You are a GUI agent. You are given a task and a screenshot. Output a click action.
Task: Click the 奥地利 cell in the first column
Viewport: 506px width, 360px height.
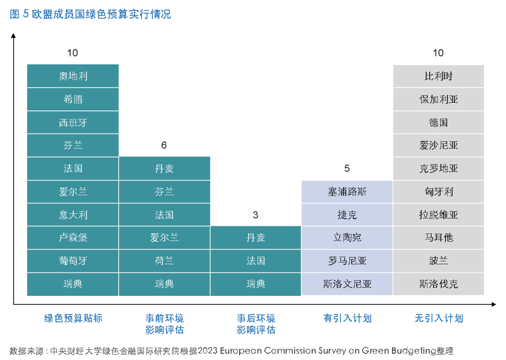click(x=73, y=76)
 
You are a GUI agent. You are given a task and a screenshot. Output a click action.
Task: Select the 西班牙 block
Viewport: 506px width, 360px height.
click(x=73, y=122)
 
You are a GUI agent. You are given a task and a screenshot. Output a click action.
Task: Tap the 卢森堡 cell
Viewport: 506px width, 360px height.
click(x=73, y=238)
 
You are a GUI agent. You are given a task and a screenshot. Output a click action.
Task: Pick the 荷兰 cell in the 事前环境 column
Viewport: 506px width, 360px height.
click(x=165, y=261)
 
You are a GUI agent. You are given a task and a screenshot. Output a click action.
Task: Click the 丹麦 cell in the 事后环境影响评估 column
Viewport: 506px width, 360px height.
click(x=256, y=238)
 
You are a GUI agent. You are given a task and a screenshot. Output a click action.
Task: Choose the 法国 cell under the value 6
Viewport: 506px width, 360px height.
click(x=165, y=214)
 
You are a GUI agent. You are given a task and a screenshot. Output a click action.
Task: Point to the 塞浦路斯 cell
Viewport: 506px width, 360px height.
click(x=347, y=192)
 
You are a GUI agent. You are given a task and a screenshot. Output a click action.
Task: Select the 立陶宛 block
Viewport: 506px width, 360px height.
click(x=347, y=238)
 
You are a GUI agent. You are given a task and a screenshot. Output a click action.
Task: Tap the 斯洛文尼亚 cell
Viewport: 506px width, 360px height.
click(x=347, y=284)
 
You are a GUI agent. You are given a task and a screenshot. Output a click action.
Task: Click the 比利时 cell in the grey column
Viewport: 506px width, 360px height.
click(x=438, y=76)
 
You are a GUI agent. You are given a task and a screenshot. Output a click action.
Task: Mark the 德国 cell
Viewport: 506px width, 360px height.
click(x=438, y=122)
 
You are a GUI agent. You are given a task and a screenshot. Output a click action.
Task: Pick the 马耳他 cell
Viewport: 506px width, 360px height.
click(x=438, y=238)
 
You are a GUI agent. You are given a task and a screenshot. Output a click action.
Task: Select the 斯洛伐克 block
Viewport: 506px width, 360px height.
click(x=438, y=284)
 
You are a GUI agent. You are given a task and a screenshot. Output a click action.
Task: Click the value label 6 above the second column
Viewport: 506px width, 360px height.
click(x=164, y=145)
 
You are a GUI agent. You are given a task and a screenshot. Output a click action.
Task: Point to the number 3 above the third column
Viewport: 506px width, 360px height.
click(x=255, y=215)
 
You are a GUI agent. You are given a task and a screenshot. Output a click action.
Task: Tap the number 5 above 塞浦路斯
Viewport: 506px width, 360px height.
click(x=347, y=169)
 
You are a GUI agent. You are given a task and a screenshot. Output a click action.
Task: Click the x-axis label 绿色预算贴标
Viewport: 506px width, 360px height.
click(x=73, y=318)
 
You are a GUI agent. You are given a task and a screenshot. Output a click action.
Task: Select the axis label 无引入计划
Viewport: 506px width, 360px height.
click(x=438, y=318)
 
